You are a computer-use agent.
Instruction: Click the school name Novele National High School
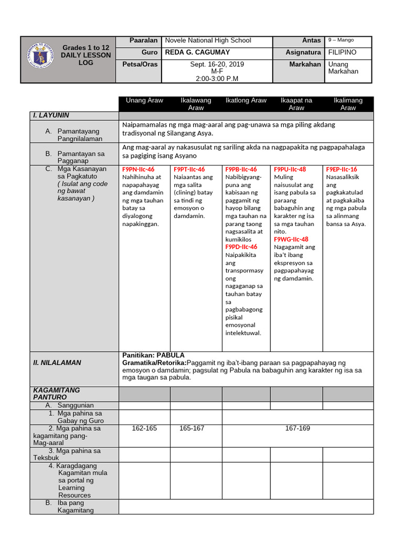(208, 40)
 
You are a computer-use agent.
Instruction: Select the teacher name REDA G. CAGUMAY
(197, 53)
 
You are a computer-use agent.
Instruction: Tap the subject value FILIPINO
(342, 53)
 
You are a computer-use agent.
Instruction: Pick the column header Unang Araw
(144, 100)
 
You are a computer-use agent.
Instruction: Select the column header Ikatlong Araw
(246, 100)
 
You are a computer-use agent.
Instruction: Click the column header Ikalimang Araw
(348, 104)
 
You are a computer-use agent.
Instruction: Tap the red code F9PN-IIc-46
(138, 170)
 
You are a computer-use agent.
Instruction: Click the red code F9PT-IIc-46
(189, 170)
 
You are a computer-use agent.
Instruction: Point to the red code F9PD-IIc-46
(241, 247)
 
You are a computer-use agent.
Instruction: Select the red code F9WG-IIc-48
(291, 239)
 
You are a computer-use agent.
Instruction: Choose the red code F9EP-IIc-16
(341, 170)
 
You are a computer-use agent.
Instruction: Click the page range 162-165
(144, 429)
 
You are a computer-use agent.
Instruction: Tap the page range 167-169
(298, 429)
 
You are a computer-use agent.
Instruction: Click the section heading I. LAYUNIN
(51, 115)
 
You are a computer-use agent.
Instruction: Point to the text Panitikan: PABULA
(153, 356)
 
